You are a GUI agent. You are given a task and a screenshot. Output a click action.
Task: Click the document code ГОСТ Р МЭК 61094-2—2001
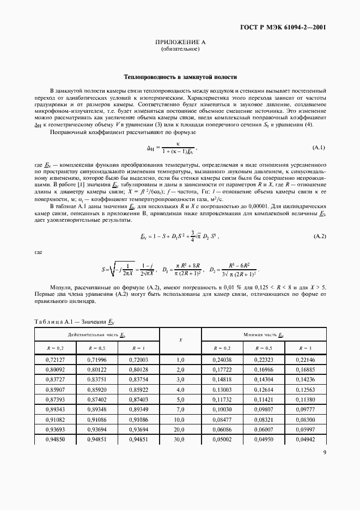[x=288, y=27]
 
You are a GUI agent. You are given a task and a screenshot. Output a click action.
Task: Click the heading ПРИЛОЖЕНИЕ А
[x=180, y=42]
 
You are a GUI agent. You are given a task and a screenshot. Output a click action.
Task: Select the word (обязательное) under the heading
[x=180, y=49]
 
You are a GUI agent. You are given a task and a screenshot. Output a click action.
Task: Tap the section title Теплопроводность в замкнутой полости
[x=180, y=77]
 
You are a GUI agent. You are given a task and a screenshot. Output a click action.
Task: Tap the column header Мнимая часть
[x=264, y=334]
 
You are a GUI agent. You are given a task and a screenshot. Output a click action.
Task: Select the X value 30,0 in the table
[x=180, y=439]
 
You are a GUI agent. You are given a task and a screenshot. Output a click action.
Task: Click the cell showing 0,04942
[x=306, y=439]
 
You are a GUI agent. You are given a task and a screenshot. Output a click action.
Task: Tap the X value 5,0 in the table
[x=180, y=399]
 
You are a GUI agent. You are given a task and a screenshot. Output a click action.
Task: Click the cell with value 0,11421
[x=264, y=399]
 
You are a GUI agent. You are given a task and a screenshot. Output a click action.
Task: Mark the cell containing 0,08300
[x=306, y=419]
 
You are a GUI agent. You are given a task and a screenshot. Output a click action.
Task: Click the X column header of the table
[x=180, y=340]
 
